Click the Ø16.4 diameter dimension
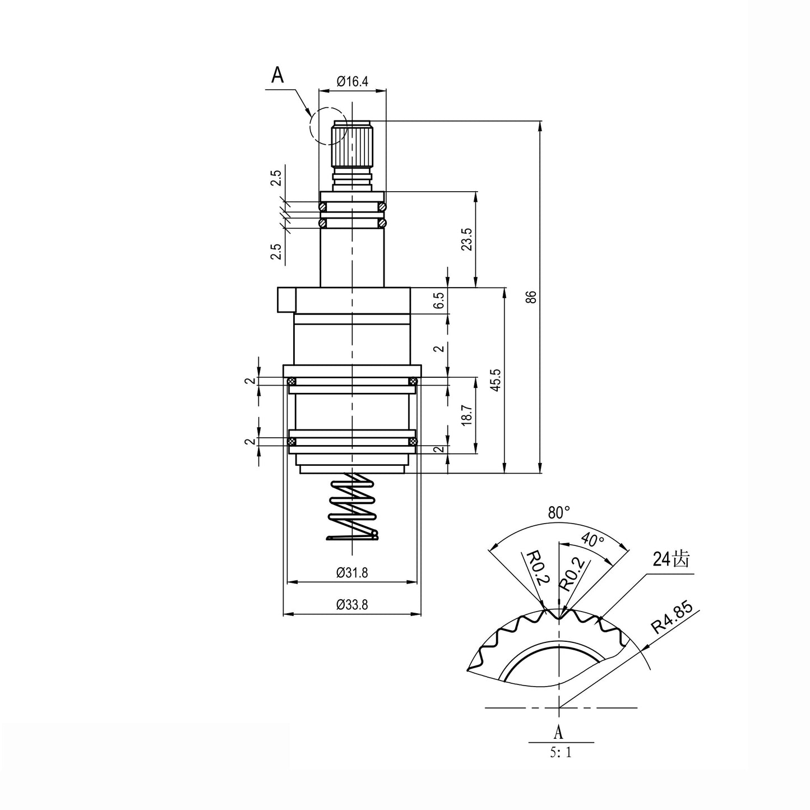coord(352,81)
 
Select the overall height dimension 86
coord(533,297)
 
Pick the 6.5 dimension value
coord(439,300)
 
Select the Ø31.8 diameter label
coord(352,573)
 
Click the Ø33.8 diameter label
coord(352,605)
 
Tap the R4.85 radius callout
coord(672,618)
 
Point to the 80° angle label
coord(559,512)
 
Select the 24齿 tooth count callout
coord(670,559)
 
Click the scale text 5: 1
coord(561,752)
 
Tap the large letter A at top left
coord(277,75)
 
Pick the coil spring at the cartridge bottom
coord(351,507)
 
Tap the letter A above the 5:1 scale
coord(558,732)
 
